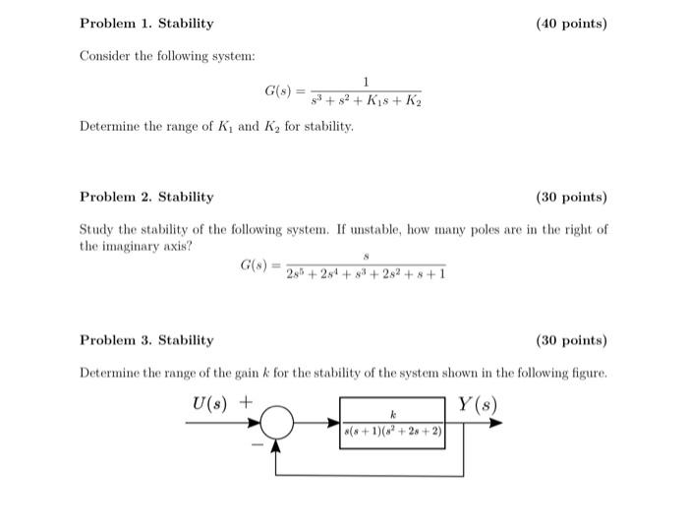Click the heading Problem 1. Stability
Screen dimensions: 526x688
click(146, 23)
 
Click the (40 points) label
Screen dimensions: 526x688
click(571, 23)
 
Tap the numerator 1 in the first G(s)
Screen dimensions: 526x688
click(366, 82)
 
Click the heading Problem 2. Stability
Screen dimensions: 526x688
click(146, 197)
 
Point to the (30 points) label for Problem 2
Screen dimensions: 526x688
click(571, 197)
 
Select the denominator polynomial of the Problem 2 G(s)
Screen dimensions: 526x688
click(366, 274)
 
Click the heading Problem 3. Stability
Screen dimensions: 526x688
click(146, 340)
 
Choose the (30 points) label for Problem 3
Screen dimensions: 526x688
click(571, 340)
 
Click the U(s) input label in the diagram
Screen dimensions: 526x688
click(214, 402)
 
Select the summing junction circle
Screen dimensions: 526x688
click(278, 424)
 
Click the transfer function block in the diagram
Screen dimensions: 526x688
click(392, 423)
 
